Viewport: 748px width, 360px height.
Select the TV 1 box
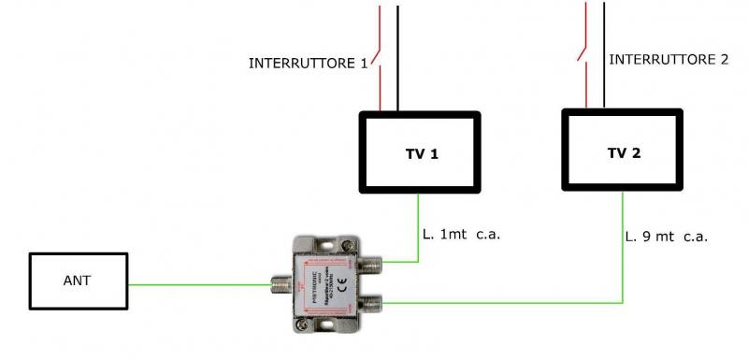[421, 152]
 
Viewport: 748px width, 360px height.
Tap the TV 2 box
[624, 151]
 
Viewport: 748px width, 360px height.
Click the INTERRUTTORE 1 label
[308, 64]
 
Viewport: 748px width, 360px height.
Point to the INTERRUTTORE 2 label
[669, 59]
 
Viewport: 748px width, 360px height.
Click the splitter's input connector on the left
[279, 282]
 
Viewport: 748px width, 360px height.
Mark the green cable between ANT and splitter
[196, 284]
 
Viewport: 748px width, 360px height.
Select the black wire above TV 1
[397, 56]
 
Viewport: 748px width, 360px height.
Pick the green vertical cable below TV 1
[418, 224]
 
